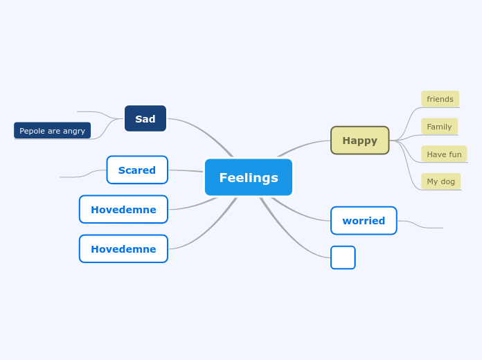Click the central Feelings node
coord(248,177)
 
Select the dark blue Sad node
coord(145,118)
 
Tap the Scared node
coord(137,170)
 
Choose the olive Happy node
coord(359,140)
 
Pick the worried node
coord(364,220)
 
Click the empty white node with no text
coord(343,258)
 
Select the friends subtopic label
coord(440,99)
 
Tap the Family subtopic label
coord(439,127)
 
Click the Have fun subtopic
coord(444,154)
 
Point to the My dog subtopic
coord(440,181)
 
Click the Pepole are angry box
coord(52,130)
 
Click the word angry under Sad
coord(74,130)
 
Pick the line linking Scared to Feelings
coord(186,170)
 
